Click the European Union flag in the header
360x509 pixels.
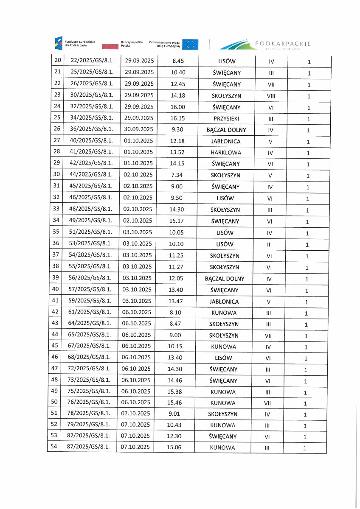191,44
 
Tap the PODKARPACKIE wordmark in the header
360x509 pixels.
283,44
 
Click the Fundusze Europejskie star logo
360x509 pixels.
59,43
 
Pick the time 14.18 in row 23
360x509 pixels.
178,95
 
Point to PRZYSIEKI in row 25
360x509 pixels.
227,119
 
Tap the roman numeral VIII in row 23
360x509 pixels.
271,96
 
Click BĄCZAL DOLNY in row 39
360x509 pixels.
225,279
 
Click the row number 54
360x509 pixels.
54,447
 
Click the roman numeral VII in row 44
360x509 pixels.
267,336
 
